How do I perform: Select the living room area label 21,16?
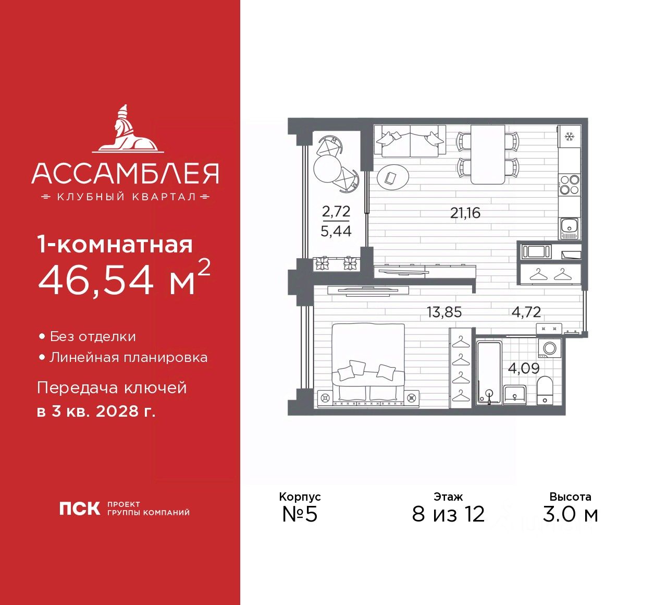[x=465, y=213]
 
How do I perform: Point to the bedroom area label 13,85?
[x=444, y=312]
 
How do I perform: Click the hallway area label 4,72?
[x=526, y=312]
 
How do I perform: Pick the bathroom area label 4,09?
[x=524, y=368]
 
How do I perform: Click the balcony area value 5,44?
[x=336, y=231]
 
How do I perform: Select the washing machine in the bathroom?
[x=549, y=347]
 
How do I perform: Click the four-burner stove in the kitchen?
[x=569, y=184]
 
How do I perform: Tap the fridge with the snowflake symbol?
[x=569, y=137]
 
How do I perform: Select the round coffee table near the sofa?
[x=393, y=178]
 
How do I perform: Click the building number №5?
[x=300, y=514]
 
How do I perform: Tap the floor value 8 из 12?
[x=448, y=514]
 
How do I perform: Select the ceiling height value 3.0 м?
[x=570, y=514]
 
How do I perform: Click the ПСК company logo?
[x=79, y=509]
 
